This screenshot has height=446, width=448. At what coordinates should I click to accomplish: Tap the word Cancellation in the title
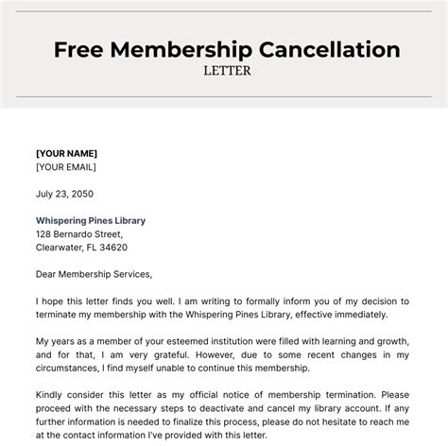pyautogui.click(x=321, y=48)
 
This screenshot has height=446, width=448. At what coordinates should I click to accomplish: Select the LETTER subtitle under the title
pyautogui.click(x=224, y=70)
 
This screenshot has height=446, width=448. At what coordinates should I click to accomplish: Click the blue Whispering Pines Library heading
pyautogui.click(x=91, y=220)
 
